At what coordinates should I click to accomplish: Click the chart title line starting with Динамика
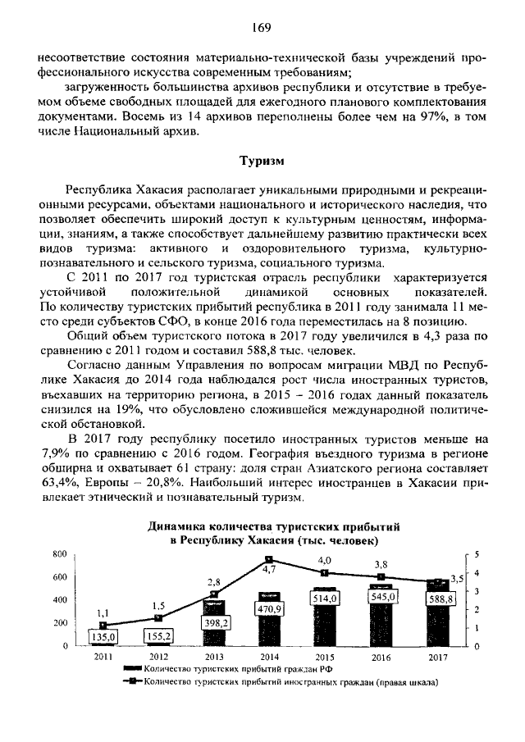click(x=262, y=527)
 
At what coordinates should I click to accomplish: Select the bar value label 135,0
click(x=104, y=635)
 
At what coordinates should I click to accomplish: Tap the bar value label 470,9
click(x=269, y=609)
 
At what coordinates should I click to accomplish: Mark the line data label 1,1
click(x=103, y=612)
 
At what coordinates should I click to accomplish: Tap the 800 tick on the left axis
click(x=58, y=554)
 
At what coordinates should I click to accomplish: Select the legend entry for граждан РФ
click(x=221, y=669)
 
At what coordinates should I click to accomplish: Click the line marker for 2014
click(x=269, y=559)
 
